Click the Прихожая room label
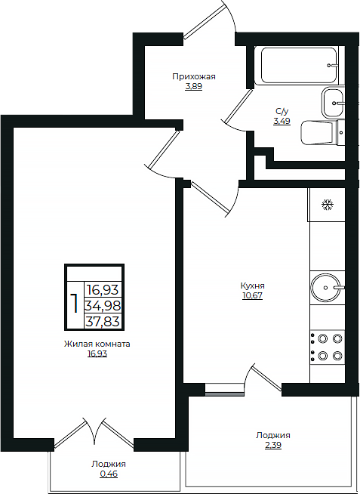194,76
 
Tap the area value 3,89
193,87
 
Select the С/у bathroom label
282,111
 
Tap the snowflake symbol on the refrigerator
328,205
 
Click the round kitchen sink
326,287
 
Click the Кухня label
252,286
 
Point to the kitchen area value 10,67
252,296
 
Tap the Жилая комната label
97,344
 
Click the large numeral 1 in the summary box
74,304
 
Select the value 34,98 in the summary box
103,305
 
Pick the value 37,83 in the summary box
103,322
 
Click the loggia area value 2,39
273,446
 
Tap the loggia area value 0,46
109,474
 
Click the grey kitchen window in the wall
224,394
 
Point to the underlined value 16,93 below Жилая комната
97,354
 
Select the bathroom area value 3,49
282,121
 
